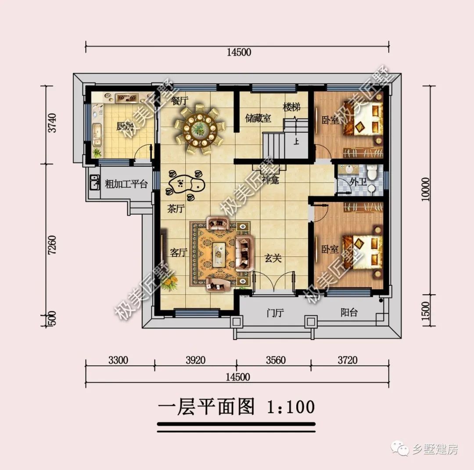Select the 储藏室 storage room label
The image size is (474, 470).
(258, 118)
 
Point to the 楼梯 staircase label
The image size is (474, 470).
(291, 107)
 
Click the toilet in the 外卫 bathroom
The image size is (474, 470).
(372, 173)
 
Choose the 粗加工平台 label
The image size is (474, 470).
(126, 184)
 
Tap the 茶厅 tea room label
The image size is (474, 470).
(176, 209)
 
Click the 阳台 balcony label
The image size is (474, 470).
(349, 313)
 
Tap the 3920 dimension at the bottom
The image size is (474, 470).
(195, 360)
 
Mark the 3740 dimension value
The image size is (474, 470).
(52, 124)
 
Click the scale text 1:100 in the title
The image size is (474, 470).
(291, 407)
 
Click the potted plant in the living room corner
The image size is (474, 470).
(169, 283)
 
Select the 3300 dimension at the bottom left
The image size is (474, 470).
(118, 360)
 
